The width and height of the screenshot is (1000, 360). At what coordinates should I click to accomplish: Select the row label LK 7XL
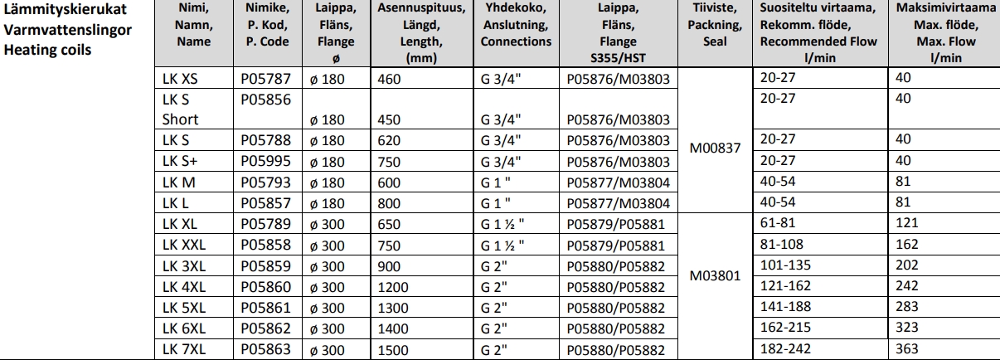[180, 349]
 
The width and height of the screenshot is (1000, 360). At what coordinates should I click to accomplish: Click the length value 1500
[391, 349]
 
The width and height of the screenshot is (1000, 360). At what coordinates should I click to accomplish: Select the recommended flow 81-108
[780, 246]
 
